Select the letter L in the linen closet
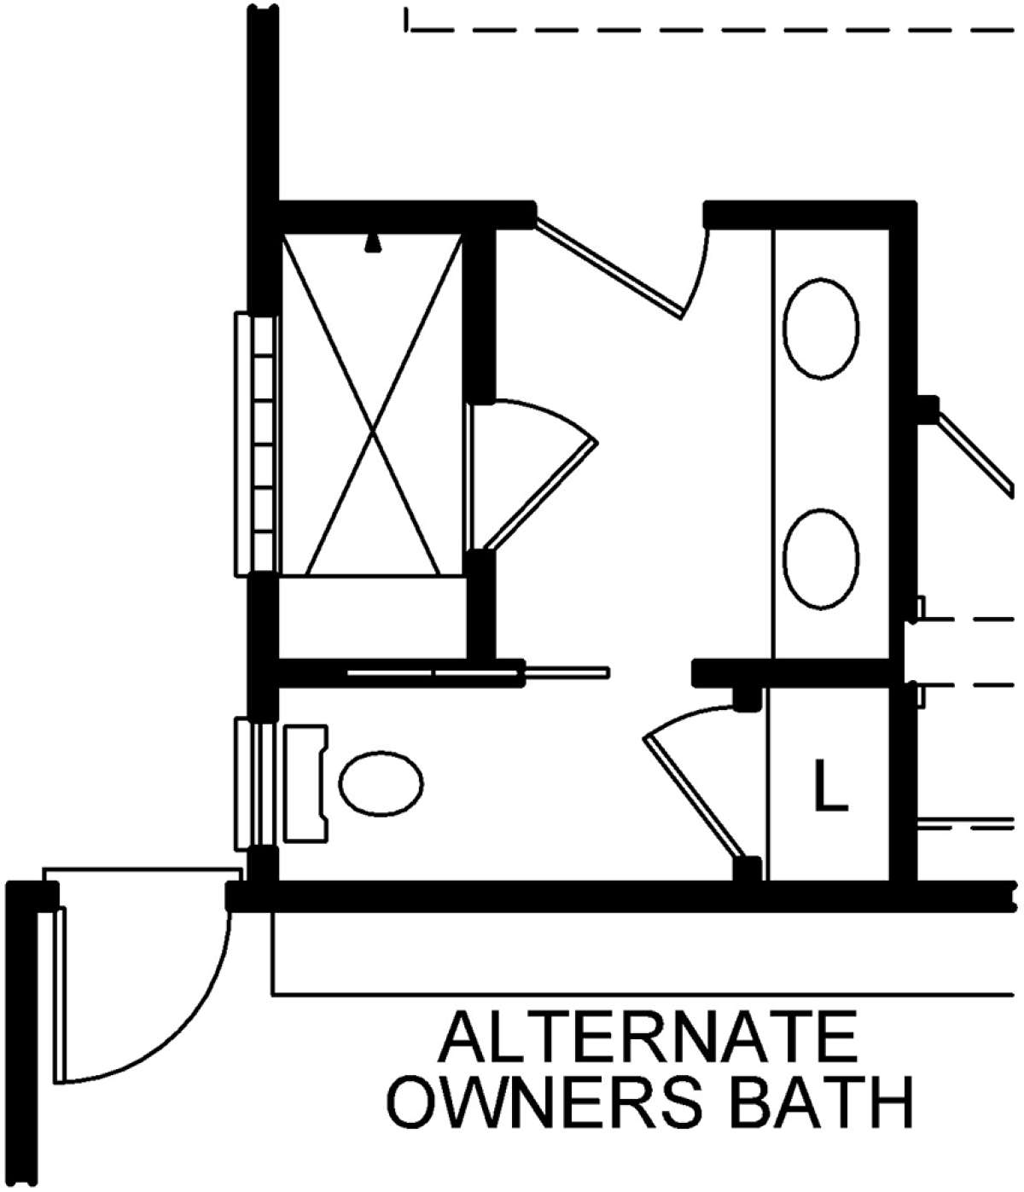click(x=830, y=785)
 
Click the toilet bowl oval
click(x=381, y=783)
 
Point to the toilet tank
click(x=305, y=783)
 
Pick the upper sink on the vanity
click(x=820, y=329)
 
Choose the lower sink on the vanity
click(x=820, y=559)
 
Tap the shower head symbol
click(x=374, y=243)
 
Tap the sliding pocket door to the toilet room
click(x=478, y=672)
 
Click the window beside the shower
click(x=256, y=444)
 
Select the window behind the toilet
click(x=253, y=783)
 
